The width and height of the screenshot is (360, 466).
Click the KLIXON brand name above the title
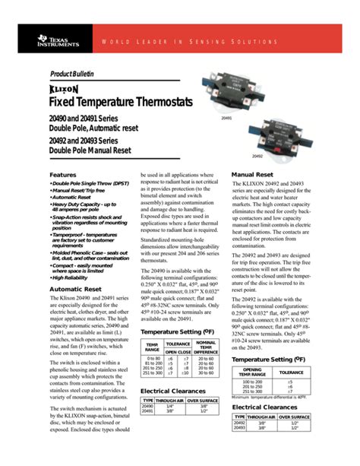tap(63, 88)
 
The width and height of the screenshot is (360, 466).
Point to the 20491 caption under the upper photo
tap(226, 119)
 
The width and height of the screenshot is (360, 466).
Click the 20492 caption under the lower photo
tap(257, 156)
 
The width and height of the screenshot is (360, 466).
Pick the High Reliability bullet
tap(76, 277)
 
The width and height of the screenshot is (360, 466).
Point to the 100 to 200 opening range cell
tap(251, 381)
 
